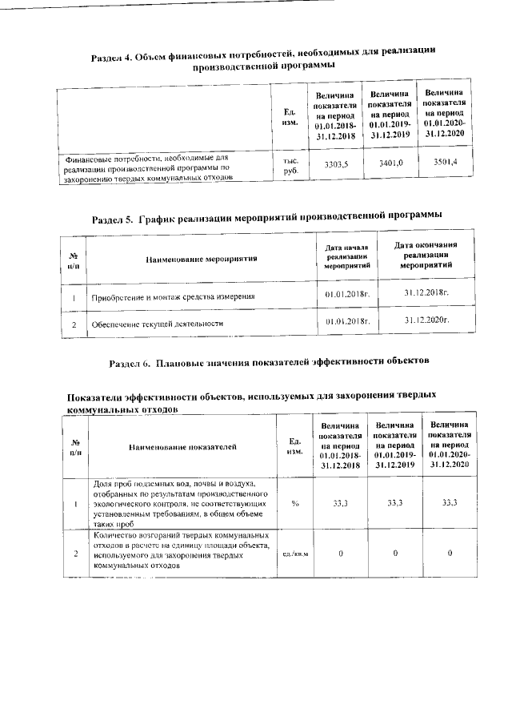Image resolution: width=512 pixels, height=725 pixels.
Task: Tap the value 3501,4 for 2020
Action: click(x=444, y=162)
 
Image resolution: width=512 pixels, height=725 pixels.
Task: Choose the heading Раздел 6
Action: click(x=269, y=361)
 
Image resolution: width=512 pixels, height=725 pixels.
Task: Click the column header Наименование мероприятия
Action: click(x=201, y=260)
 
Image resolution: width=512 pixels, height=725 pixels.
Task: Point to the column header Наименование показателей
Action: click(x=183, y=446)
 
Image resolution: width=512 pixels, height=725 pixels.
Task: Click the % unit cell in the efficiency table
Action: click(x=295, y=503)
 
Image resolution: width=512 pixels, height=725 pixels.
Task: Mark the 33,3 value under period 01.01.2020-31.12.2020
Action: click(x=450, y=502)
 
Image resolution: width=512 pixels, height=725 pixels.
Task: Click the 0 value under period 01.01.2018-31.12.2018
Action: click(x=341, y=553)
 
